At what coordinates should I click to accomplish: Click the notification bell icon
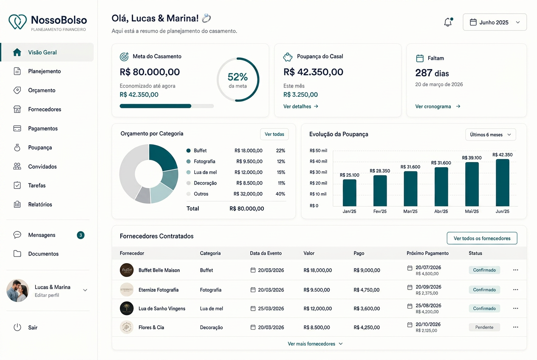click(448, 22)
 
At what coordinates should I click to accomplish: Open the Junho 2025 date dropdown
click(495, 22)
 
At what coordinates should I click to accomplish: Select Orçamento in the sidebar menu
click(42, 90)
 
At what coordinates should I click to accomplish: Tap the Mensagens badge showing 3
click(81, 235)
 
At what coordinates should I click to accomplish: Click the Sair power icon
click(17, 327)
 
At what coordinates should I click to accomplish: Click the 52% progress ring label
click(237, 77)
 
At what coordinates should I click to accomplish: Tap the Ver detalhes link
click(301, 107)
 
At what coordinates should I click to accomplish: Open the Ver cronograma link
click(438, 107)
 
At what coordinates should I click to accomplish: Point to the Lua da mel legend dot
click(189, 172)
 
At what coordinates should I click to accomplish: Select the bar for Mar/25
click(410, 189)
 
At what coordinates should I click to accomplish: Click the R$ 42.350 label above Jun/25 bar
click(503, 155)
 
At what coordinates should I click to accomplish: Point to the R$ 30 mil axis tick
click(318, 172)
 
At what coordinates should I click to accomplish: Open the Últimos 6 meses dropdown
click(491, 135)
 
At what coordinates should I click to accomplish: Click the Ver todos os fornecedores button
click(482, 238)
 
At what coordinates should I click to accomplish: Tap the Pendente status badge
click(484, 327)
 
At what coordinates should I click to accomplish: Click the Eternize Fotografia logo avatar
click(127, 290)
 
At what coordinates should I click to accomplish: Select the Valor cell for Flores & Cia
click(317, 327)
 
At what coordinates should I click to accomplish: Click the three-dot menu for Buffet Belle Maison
click(516, 270)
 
